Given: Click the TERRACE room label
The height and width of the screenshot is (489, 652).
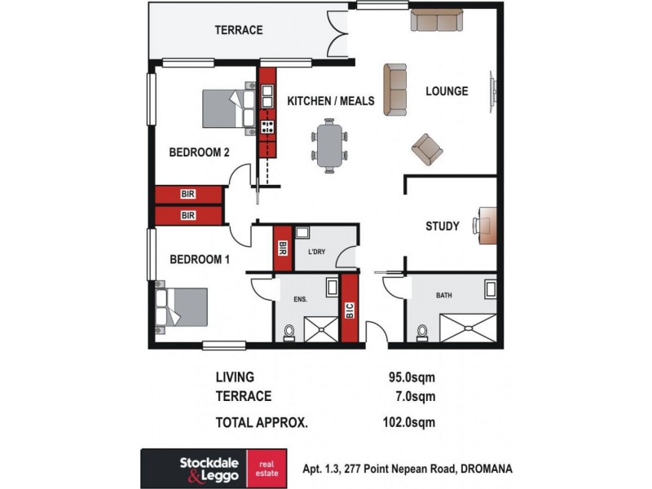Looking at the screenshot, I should pos(238,30).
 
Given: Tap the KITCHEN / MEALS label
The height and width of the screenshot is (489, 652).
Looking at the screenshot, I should pos(330,101).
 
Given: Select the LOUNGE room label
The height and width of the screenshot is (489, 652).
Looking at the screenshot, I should pos(447,91).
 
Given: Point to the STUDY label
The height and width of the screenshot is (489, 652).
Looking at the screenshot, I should pos(443,227).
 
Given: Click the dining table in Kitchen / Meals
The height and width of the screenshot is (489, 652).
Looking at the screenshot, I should pos(328,146).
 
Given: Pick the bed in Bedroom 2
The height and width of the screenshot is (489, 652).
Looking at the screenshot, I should pos(229,108).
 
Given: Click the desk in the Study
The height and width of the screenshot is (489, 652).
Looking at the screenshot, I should pos(487,225).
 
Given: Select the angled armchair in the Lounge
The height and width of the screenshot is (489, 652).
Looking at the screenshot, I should pos(427,148).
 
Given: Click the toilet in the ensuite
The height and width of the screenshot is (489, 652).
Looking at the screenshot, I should pos(289,333).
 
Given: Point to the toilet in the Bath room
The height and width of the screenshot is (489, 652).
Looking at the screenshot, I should pos(421,333).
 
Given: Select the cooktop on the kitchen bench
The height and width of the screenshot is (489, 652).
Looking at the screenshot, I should pos(267,126).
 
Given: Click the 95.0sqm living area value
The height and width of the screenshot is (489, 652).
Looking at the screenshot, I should pos(412,377).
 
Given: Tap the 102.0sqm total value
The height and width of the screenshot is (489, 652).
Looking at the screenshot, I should pos(410,422).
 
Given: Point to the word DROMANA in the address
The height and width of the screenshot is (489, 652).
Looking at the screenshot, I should pos(487,469).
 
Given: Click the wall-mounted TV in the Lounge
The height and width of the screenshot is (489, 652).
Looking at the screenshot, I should pos(491,92).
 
